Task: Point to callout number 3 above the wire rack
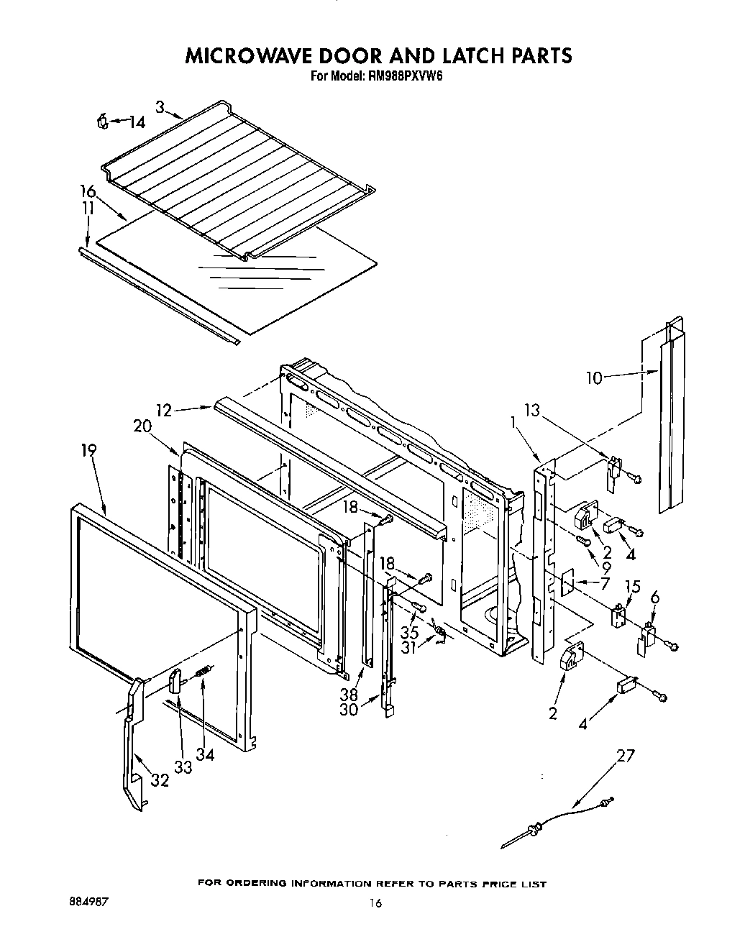[160, 107]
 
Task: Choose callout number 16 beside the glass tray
[88, 191]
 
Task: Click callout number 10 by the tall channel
[594, 377]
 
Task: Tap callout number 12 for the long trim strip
[165, 411]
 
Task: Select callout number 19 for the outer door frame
[88, 451]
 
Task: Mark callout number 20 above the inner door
[142, 426]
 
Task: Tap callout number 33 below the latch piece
[183, 767]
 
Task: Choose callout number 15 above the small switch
[632, 587]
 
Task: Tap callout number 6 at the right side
[654, 596]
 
